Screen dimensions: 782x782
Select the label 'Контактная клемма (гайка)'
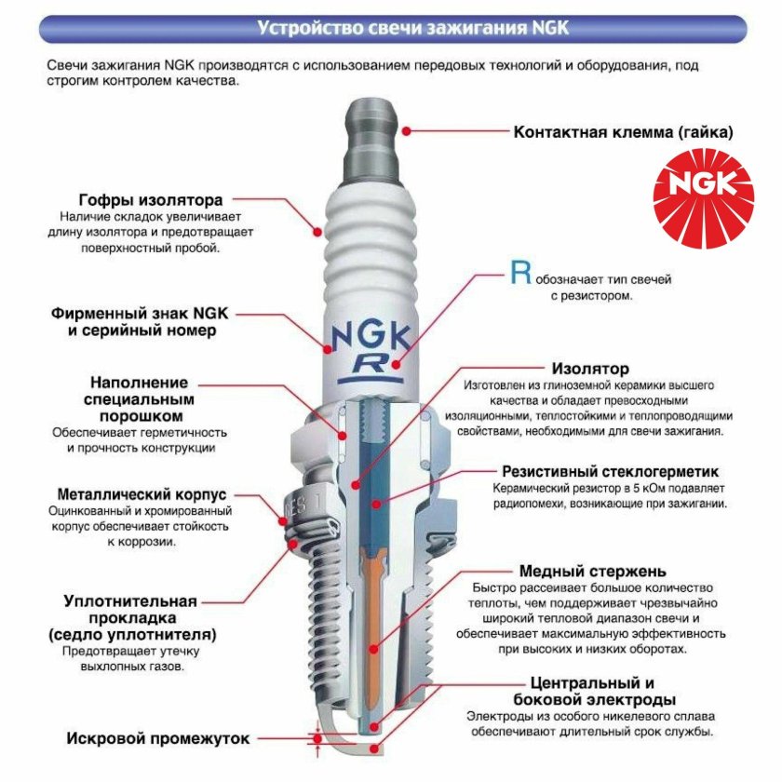click(x=623, y=132)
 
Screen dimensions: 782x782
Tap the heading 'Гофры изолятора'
click(x=150, y=200)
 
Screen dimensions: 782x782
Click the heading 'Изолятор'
click(x=590, y=369)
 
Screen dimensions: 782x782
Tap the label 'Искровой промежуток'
click(x=158, y=739)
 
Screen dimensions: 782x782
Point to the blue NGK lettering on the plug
click(x=375, y=330)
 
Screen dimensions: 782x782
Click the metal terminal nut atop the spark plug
click(x=375, y=130)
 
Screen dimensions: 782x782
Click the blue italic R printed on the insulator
click(x=376, y=364)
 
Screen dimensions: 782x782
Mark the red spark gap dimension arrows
click(x=318, y=738)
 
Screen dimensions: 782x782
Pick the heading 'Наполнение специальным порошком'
click(x=139, y=399)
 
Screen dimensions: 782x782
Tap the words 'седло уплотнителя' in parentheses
click(x=140, y=635)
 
